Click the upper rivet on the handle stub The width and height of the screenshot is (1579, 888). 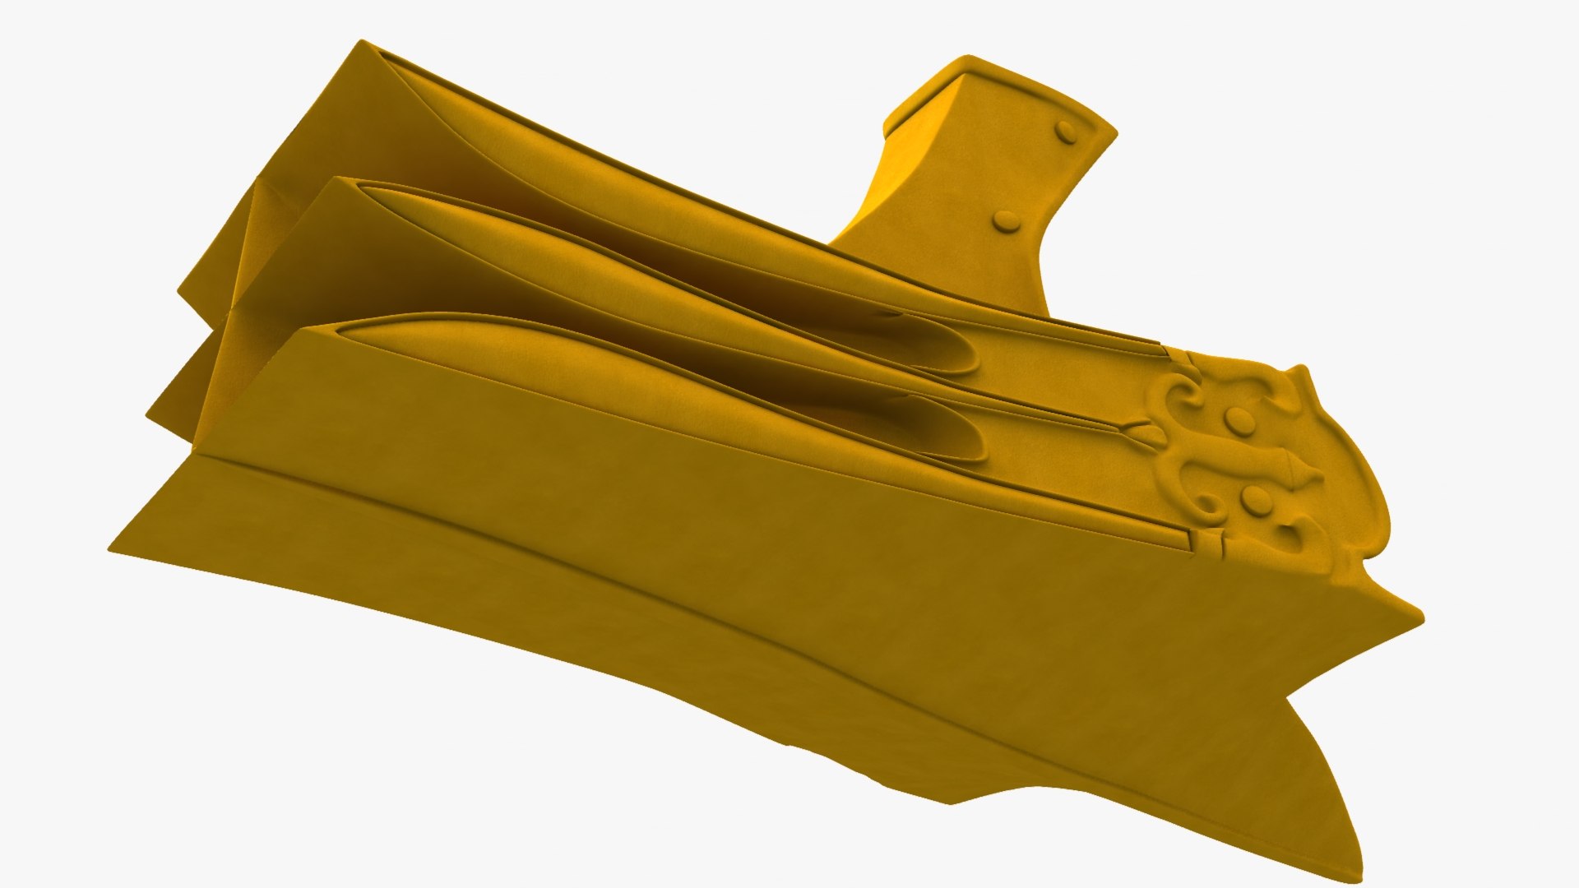coord(1066,132)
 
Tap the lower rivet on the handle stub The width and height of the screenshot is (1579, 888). coord(1006,220)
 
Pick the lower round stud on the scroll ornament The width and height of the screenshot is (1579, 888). coord(1256,498)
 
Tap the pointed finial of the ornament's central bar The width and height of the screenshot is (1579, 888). coord(1312,476)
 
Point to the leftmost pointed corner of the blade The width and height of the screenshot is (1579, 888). coord(110,549)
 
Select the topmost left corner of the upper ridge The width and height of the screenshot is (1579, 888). coord(360,41)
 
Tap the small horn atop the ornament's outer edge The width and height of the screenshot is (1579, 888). coord(1299,374)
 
